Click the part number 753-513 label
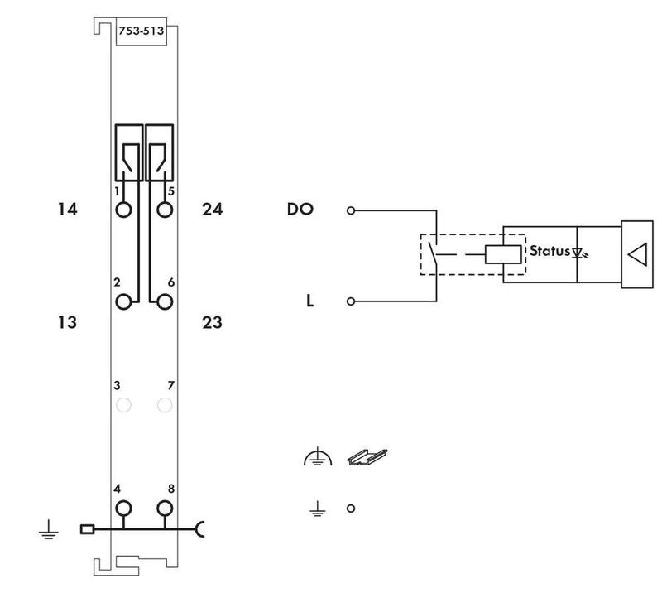tap(141, 31)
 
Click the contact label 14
tap(68, 210)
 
